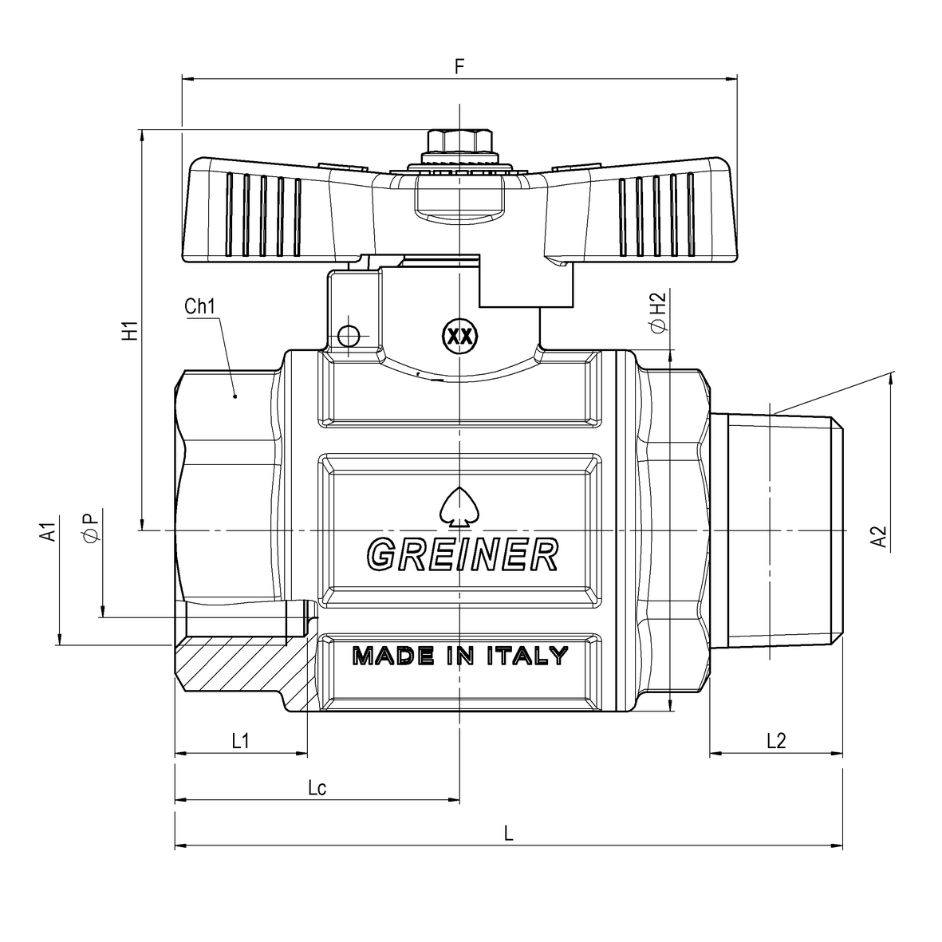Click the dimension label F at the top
point(459,66)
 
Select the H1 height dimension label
point(130,331)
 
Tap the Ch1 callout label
point(199,306)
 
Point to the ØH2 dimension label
point(658,311)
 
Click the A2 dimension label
point(879,537)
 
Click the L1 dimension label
point(240,741)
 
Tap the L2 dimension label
point(776,741)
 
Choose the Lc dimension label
point(317,787)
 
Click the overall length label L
point(509,834)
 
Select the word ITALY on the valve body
point(527,656)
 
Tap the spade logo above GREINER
point(460,506)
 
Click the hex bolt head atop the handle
point(460,140)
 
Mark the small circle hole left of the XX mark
point(349,336)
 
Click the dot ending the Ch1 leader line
point(235,396)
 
